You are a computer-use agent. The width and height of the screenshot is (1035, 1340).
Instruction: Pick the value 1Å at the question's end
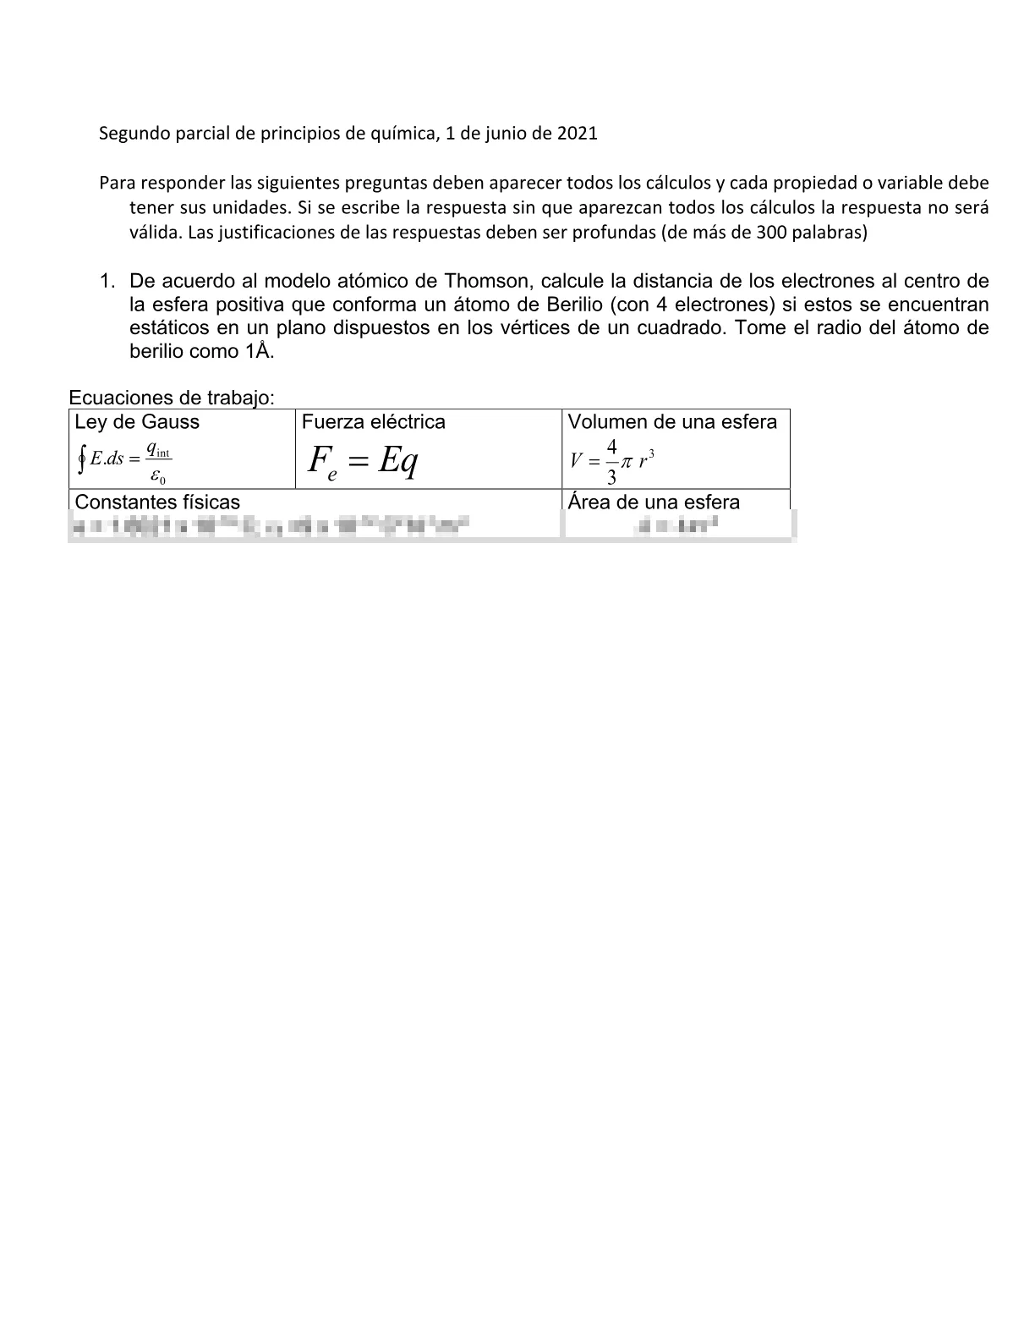click(260, 351)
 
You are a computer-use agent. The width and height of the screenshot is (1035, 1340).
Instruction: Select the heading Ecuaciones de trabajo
click(171, 398)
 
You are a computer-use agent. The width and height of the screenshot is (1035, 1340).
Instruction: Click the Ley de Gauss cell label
click(137, 422)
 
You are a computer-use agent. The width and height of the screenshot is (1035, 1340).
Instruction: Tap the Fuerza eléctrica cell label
click(373, 422)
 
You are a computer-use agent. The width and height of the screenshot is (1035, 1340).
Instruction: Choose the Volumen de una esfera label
click(671, 422)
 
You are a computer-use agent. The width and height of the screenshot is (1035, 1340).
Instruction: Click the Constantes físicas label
click(157, 502)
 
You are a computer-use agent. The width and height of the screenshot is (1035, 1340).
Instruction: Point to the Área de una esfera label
click(654, 502)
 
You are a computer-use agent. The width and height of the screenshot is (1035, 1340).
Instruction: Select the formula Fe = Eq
click(363, 462)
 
